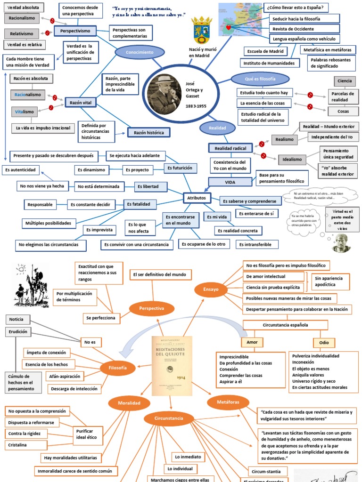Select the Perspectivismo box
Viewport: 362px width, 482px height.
(x=75, y=32)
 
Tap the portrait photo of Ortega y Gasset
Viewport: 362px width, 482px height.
(x=164, y=94)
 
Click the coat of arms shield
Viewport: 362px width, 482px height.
(x=203, y=30)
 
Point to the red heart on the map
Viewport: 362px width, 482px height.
(x=229, y=28)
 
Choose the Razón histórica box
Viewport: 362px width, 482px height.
(x=148, y=133)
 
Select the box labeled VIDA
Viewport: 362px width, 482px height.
(x=230, y=182)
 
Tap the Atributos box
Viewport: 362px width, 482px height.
(x=197, y=198)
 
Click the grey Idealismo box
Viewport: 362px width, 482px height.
(x=292, y=160)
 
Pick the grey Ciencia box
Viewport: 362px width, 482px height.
(x=345, y=81)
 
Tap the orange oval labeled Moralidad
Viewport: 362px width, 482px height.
(x=129, y=403)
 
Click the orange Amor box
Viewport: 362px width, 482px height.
(x=252, y=342)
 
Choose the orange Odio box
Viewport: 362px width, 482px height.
(x=324, y=342)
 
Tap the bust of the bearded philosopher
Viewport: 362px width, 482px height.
(x=341, y=242)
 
